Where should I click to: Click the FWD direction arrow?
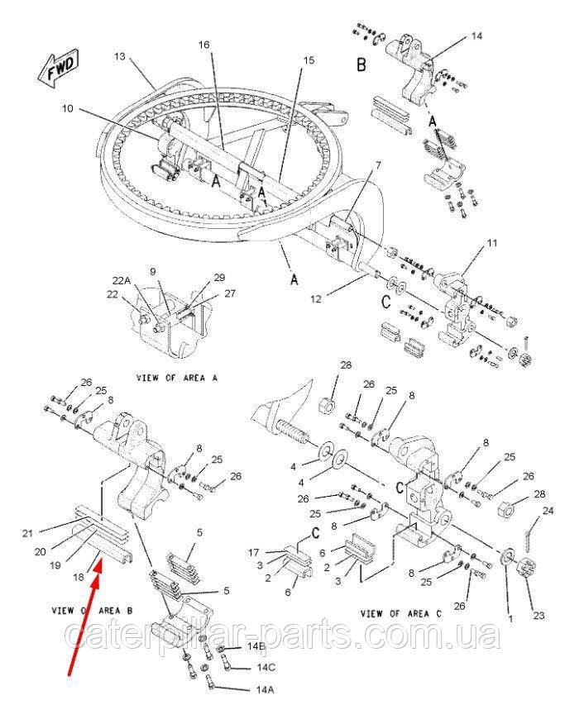point(57,70)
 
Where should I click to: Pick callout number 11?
point(492,244)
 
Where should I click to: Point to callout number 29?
point(218,277)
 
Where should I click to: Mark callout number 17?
point(256,551)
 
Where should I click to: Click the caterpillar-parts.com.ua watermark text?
point(281,637)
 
